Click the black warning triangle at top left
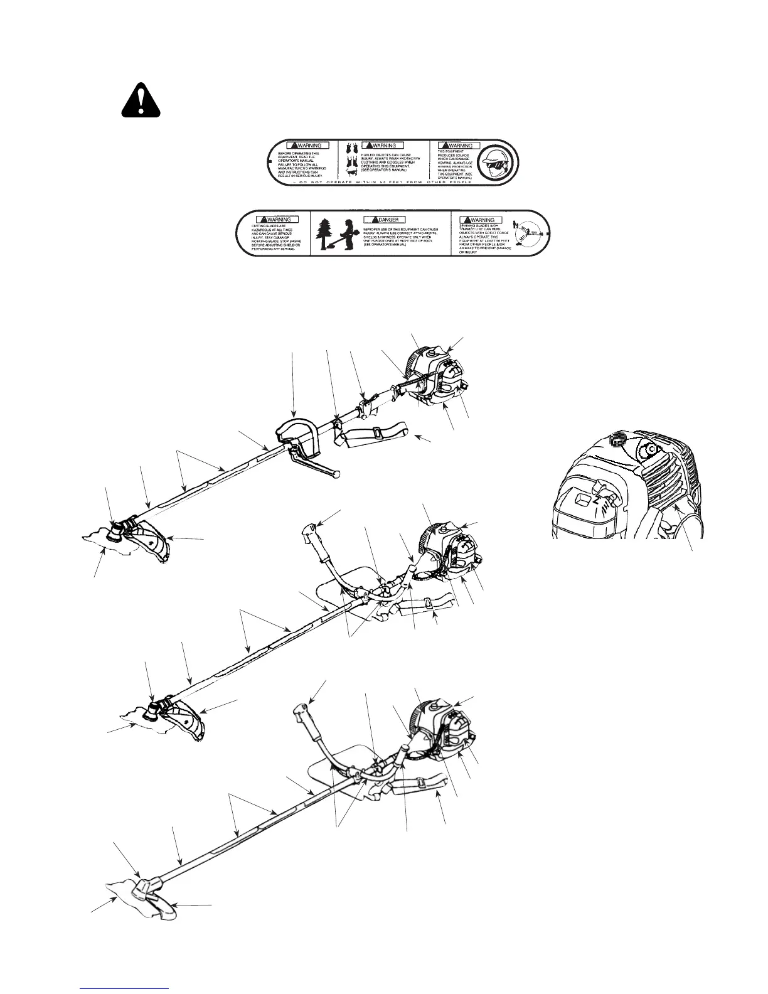[141, 100]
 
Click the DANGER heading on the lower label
[384, 220]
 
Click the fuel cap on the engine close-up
[618, 440]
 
